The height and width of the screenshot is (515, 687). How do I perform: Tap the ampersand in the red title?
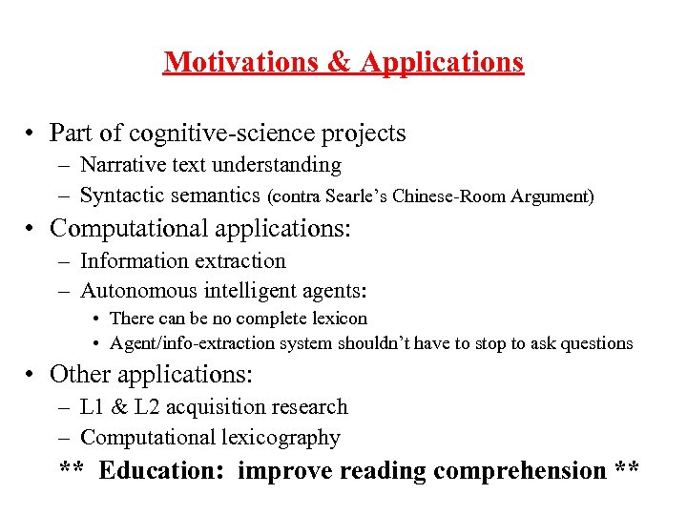(x=341, y=63)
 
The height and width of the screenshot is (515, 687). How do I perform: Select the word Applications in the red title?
(x=442, y=63)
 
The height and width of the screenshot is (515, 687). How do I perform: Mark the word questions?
(x=593, y=343)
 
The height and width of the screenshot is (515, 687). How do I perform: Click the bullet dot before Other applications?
(x=31, y=375)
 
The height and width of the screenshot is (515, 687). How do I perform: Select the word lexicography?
(x=283, y=438)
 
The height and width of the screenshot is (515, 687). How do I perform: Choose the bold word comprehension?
(x=519, y=470)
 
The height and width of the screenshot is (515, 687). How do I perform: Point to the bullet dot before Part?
(x=31, y=133)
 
